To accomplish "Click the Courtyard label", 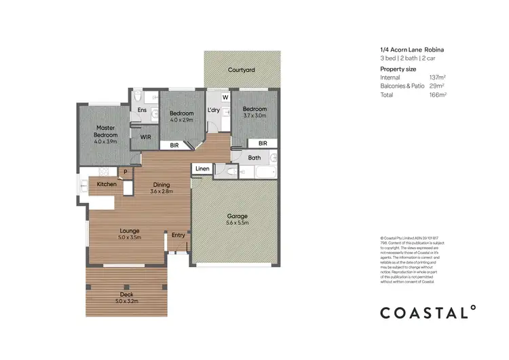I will tap(241, 70).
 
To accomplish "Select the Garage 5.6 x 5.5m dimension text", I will tap(238, 223).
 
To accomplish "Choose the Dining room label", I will tap(162, 184).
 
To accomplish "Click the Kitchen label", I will tap(107, 184).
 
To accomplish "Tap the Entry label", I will tap(178, 235).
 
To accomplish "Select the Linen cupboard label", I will tap(202, 168).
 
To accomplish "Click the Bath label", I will tap(254, 158).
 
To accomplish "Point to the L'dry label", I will tap(215, 110).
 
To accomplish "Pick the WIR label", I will tap(145, 137).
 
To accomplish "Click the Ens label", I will tap(143, 110).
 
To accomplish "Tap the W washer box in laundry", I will tap(225, 97).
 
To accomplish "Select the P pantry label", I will tap(125, 172).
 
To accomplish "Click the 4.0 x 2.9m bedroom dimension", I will tap(181, 120).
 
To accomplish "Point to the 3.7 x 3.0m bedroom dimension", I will tap(254, 115).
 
